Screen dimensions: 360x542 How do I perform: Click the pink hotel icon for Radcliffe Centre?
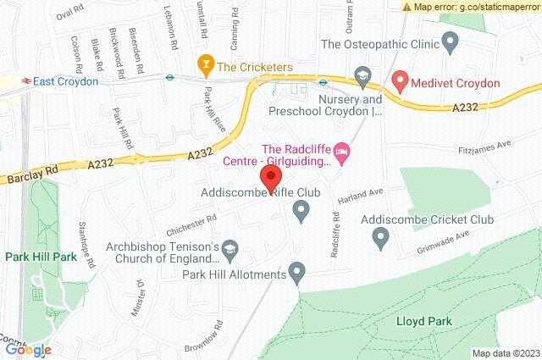[343, 152]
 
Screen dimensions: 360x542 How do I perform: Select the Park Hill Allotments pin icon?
[296, 273]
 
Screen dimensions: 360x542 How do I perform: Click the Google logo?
[28, 349]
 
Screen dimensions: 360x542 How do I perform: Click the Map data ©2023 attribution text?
[505, 353]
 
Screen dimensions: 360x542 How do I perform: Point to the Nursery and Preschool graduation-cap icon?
[363, 77]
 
